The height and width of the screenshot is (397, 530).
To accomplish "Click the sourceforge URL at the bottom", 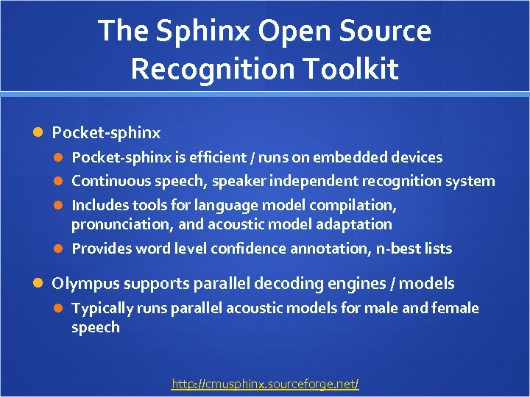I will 265,384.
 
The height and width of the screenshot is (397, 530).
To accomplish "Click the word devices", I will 417,157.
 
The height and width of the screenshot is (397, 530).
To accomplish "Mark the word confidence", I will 248,248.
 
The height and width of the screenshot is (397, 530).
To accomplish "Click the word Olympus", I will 83,284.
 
